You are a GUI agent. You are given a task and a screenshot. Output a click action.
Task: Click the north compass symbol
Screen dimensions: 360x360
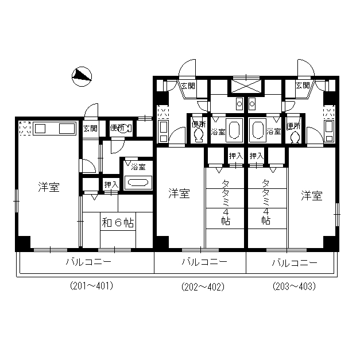pyautogui.click(x=82, y=77)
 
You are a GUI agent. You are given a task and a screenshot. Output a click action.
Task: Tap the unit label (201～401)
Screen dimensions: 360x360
pyautogui.click(x=92, y=286)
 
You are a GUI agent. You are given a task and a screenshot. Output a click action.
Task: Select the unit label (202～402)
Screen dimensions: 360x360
pyautogui.click(x=203, y=287)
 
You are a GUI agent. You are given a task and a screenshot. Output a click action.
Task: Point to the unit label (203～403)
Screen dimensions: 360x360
pyautogui.click(x=294, y=287)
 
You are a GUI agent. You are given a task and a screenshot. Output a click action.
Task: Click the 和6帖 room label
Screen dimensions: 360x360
pyautogui.click(x=118, y=222)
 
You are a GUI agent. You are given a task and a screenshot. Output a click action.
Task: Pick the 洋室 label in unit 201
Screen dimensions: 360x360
pyautogui.click(x=49, y=187)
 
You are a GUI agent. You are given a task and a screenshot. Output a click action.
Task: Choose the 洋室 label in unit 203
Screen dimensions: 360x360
pyautogui.click(x=312, y=196)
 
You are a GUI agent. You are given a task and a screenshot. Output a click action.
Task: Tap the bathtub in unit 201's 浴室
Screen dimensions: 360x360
pyautogui.click(x=138, y=183)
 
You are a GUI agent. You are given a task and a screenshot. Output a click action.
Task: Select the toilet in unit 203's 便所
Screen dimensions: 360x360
pyautogui.click(x=295, y=137)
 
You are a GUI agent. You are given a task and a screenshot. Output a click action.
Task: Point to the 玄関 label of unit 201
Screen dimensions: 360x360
pyautogui.click(x=91, y=129)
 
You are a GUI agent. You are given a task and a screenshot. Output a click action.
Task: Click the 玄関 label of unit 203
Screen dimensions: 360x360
pyautogui.click(x=303, y=86)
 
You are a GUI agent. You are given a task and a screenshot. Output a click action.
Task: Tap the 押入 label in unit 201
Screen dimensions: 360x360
pyautogui.click(x=111, y=185)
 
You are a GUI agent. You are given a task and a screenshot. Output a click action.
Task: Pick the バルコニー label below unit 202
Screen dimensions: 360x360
pyautogui.click(x=204, y=262)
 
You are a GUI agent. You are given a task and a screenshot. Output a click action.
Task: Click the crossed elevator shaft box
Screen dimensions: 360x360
pyautogui.click(x=246, y=87)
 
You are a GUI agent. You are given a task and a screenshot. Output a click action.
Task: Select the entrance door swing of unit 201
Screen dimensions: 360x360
pyautogui.click(x=91, y=110)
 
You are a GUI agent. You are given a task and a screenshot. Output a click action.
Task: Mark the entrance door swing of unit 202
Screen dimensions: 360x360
pyautogui.click(x=187, y=68)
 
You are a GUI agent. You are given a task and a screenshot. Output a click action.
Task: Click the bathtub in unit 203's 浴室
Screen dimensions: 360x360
pyautogui.click(x=258, y=129)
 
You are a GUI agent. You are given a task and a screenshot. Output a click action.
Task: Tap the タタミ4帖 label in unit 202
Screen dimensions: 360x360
pyautogui.click(x=226, y=202)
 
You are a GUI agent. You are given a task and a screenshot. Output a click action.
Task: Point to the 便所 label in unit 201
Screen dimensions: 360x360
pyautogui.click(x=117, y=128)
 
